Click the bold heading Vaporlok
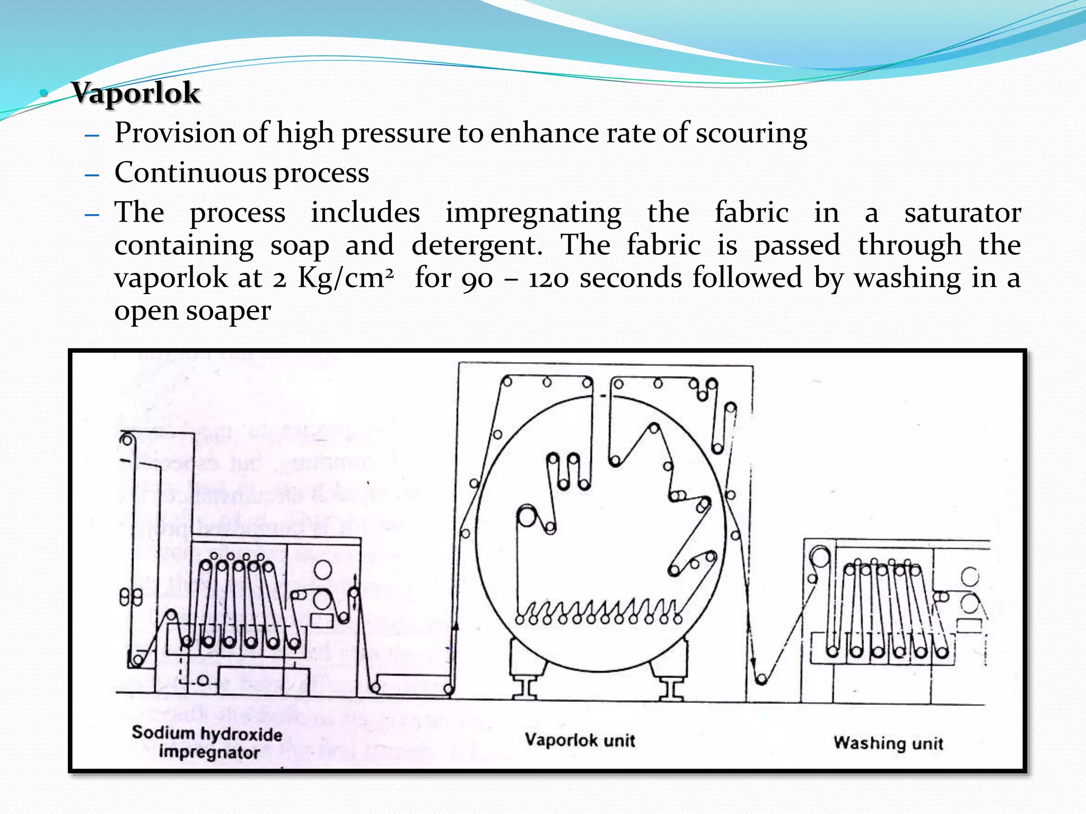click(x=136, y=93)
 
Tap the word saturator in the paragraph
click(x=962, y=213)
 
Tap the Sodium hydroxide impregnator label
click(x=207, y=742)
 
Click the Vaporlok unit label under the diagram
click(x=580, y=740)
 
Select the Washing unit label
click(x=888, y=742)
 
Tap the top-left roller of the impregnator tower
click(x=127, y=439)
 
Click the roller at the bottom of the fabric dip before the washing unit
click(x=761, y=679)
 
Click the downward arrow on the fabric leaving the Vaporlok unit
click(x=752, y=662)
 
